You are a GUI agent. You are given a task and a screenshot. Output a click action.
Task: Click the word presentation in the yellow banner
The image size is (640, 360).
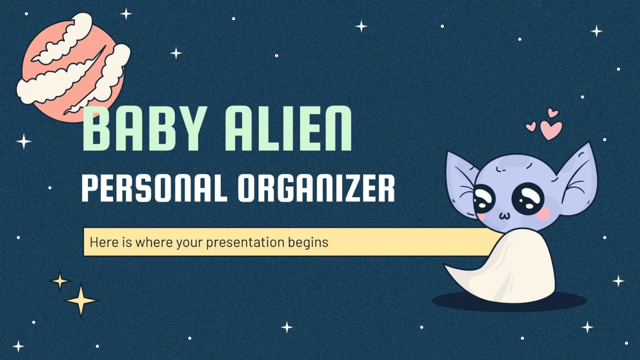point(245,243)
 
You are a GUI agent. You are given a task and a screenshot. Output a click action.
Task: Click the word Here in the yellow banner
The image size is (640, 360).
point(102,242)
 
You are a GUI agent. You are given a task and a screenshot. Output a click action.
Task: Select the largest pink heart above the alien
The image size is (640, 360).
point(550,130)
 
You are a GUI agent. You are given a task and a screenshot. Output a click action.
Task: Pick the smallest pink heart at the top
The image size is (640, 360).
point(531,127)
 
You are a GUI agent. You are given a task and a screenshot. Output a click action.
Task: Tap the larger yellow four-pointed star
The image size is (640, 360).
point(81,300)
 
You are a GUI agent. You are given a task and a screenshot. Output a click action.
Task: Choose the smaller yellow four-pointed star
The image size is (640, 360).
point(60,281)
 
